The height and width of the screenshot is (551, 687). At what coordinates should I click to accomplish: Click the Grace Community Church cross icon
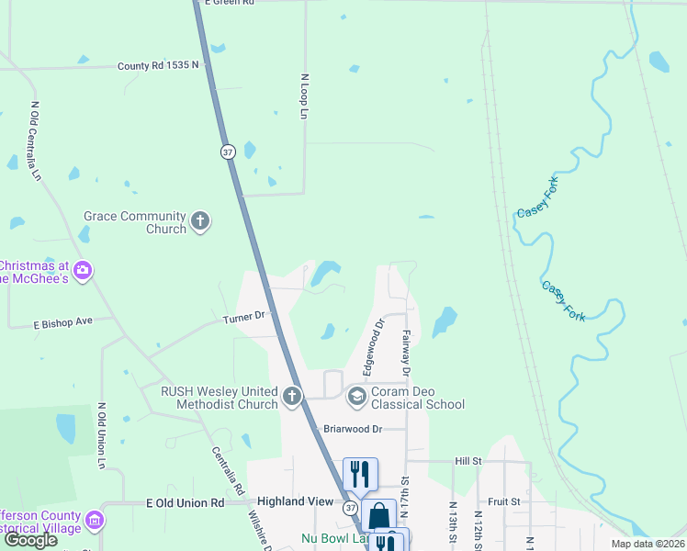click(201, 220)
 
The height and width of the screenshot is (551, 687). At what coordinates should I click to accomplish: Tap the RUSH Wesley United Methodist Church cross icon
click(291, 397)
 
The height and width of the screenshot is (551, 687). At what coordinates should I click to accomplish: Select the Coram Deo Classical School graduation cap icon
click(356, 397)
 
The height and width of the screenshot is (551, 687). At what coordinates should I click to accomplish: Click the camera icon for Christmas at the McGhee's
click(83, 270)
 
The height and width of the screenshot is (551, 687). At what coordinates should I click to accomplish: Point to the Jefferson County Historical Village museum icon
click(93, 523)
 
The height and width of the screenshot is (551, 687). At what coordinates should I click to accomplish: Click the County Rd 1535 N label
click(158, 66)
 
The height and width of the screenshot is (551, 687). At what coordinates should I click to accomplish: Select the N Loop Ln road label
click(303, 96)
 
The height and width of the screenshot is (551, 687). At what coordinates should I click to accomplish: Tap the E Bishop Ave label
click(63, 322)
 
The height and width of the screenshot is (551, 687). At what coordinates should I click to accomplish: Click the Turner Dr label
click(243, 318)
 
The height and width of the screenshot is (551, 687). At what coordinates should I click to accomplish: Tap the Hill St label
click(467, 461)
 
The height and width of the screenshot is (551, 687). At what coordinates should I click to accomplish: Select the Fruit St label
click(504, 502)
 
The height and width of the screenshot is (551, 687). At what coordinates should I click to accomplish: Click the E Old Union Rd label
click(185, 503)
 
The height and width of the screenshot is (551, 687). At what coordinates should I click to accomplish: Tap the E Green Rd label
click(228, 3)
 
